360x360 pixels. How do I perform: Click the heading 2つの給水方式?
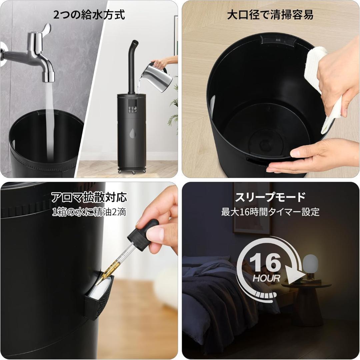coord(89,15)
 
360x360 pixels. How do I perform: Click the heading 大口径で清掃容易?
coord(270,15)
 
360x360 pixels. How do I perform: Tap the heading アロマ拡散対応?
coord(89,197)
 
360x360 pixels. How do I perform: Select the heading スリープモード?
coord(270,197)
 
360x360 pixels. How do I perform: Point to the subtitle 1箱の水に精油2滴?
coord(89,212)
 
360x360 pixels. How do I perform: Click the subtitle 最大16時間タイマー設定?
coord(270,212)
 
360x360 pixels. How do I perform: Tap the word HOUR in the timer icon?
coord(266,278)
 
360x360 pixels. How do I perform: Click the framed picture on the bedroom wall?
coord(252,207)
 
